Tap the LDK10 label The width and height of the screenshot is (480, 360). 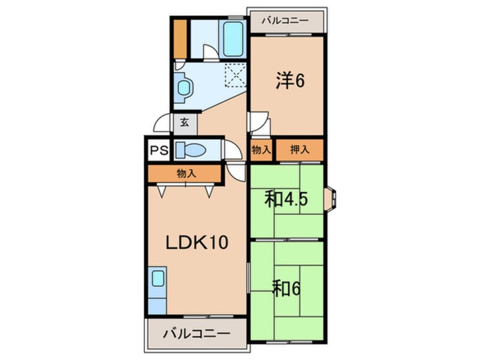tap(196, 243)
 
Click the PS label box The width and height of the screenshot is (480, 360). tap(159, 151)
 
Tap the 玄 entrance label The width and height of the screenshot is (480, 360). tap(185, 122)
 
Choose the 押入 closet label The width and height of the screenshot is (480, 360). tap(300, 150)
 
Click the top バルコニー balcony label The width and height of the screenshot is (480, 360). tap(285, 21)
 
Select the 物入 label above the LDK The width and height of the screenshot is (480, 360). tap(186, 174)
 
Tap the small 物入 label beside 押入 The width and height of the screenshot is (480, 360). tap(262, 150)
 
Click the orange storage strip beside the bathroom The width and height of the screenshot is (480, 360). tap(180, 39)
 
